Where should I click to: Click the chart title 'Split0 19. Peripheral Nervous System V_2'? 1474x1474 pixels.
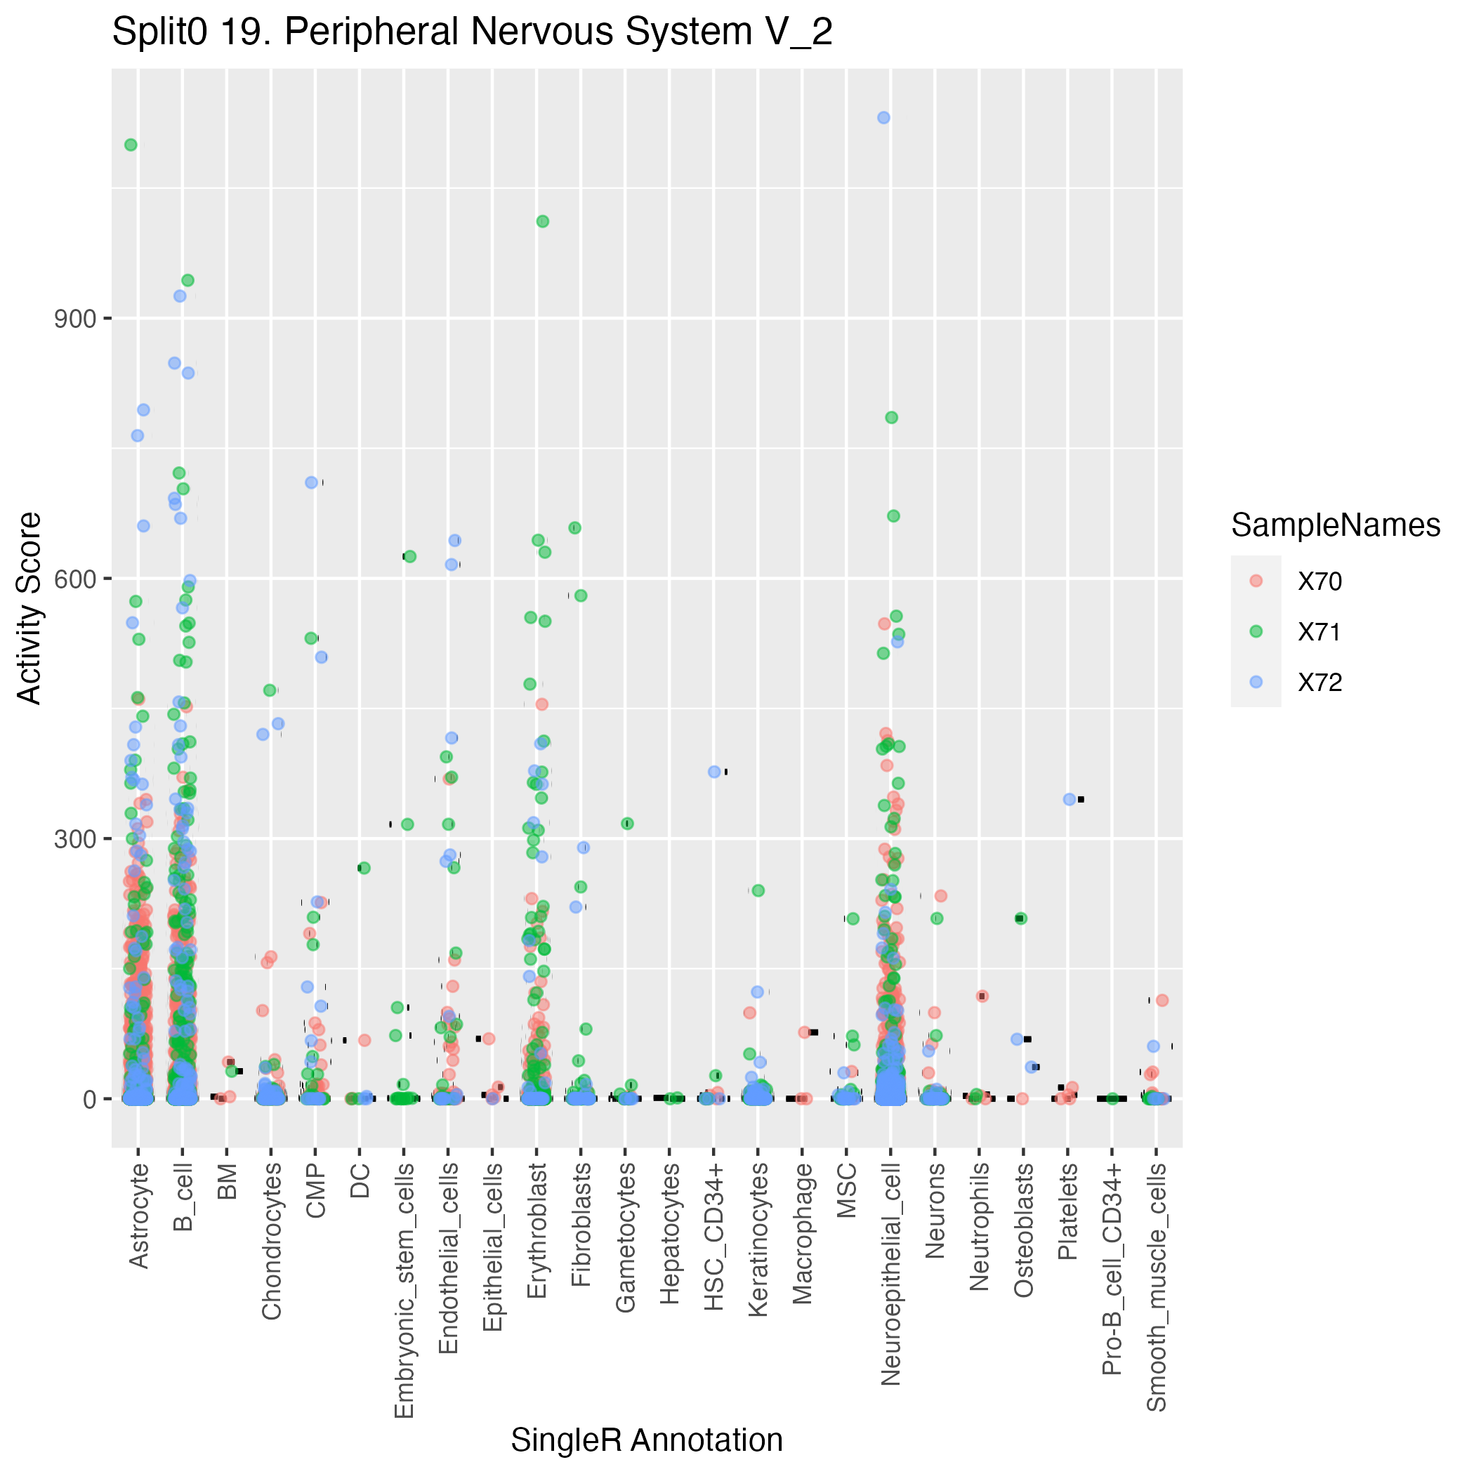click(473, 33)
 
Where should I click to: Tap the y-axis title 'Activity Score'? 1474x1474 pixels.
click(29, 607)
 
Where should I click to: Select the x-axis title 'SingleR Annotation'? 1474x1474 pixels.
click(646, 1440)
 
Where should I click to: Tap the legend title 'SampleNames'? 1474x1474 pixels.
click(1335, 526)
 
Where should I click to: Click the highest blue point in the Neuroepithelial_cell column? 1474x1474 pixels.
click(883, 117)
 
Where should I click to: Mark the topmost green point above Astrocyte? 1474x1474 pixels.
click(131, 145)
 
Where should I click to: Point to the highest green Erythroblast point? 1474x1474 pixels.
click(542, 221)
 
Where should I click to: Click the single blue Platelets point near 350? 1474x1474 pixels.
click(1069, 799)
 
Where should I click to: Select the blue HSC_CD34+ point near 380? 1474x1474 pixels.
click(714, 771)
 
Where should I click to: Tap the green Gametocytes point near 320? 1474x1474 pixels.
click(627, 823)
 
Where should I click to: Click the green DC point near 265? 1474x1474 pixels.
click(364, 867)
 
